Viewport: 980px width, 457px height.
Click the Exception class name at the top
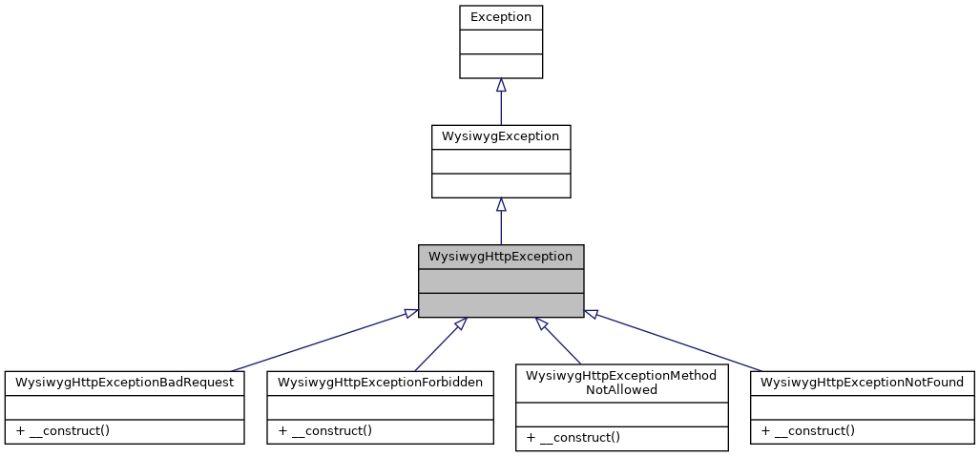coord(500,17)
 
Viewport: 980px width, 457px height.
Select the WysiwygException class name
coord(500,136)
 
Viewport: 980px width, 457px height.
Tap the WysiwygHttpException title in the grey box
coord(500,257)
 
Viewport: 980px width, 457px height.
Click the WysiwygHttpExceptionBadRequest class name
coord(124,383)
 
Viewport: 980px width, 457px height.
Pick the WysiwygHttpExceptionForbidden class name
coord(380,383)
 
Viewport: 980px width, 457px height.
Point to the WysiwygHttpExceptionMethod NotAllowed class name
coord(621,383)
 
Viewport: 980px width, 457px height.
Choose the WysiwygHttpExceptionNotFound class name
coord(863,383)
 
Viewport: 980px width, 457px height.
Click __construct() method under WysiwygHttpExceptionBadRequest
coord(63,430)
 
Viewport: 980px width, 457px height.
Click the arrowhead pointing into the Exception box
coord(501,85)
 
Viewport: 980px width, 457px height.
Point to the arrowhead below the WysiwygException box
coord(501,204)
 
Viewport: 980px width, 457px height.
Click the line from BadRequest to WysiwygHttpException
coord(320,342)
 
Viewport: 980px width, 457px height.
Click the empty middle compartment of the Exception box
coord(500,42)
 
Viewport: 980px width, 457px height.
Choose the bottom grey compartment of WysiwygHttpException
coord(500,305)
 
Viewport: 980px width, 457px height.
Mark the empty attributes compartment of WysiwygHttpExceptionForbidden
coord(380,406)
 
